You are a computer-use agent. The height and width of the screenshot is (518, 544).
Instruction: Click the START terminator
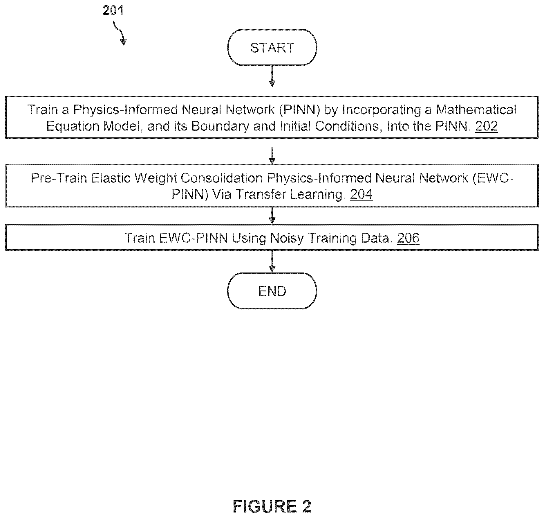click(x=272, y=47)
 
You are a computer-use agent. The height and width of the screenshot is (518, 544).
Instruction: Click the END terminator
click(x=272, y=291)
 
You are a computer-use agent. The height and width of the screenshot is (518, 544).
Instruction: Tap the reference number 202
click(x=487, y=126)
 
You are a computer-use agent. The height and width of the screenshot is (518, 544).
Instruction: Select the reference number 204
click(x=361, y=194)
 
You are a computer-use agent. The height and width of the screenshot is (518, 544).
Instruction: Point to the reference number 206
click(x=408, y=238)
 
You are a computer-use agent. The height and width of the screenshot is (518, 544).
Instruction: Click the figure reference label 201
click(x=113, y=11)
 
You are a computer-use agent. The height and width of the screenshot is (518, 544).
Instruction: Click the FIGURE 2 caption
click(x=272, y=506)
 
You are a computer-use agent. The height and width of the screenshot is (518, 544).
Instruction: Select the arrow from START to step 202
click(x=272, y=76)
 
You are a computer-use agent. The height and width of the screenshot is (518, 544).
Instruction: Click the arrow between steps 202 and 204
click(x=272, y=156)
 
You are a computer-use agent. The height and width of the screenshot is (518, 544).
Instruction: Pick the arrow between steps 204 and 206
click(x=272, y=215)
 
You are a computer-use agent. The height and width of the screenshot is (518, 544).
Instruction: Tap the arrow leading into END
click(x=272, y=261)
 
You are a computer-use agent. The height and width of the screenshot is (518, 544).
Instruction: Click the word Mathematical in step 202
click(x=476, y=110)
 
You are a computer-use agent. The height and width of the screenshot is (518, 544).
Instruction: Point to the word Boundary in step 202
click(x=221, y=126)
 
